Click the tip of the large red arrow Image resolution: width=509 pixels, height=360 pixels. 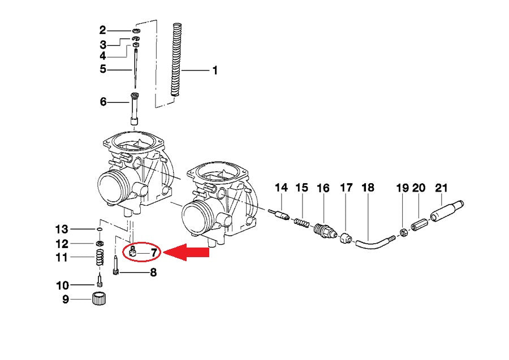[163, 252]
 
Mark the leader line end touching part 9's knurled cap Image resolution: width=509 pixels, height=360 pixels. [93, 299]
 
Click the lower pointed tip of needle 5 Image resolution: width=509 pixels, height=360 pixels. [135, 88]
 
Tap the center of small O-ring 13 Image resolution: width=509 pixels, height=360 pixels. [100, 229]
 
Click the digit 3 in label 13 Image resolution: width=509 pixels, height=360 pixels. [64, 229]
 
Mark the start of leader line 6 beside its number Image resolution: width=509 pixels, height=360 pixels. [108, 102]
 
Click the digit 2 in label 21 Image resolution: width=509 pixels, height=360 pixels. [438, 188]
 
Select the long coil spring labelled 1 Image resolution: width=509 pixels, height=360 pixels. [176, 59]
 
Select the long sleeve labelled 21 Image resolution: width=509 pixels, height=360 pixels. [447, 211]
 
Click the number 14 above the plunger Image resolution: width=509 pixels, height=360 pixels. [281, 188]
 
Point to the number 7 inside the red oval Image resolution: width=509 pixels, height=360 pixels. [153, 253]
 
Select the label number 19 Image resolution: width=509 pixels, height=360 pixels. [403, 188]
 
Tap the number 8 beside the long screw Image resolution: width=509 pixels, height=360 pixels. [153, 272]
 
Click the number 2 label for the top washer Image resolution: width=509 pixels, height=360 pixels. [102, 31]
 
